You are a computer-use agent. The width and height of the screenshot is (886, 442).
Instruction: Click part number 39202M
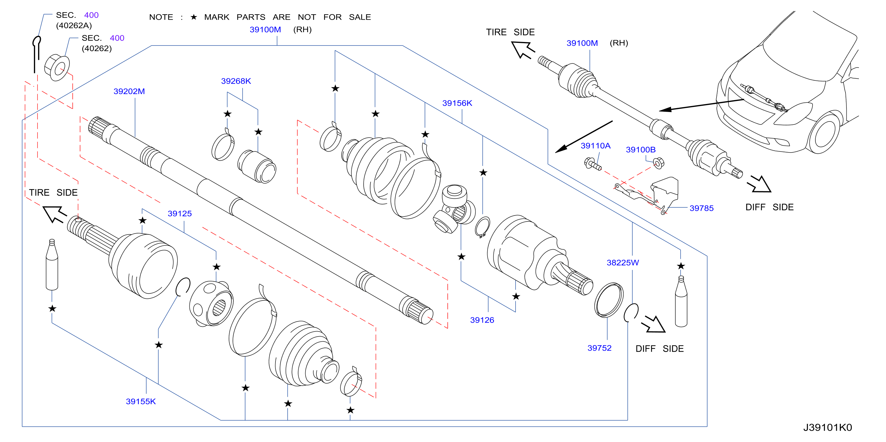[129, 91]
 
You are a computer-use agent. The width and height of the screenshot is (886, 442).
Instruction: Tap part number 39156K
[457, 103]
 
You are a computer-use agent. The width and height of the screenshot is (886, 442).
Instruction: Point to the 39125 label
[180, 213]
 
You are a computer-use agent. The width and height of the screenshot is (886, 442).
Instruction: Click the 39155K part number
[141, 401]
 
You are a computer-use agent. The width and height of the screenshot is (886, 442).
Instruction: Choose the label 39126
[482, 320]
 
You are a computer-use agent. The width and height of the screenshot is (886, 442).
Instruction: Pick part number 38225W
[622, 262]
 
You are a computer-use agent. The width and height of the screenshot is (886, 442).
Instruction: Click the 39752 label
[599, 348]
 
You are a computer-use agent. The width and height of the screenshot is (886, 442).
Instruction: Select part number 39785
[701, 208]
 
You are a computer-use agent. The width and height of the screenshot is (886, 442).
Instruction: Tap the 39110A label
[595, 146]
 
